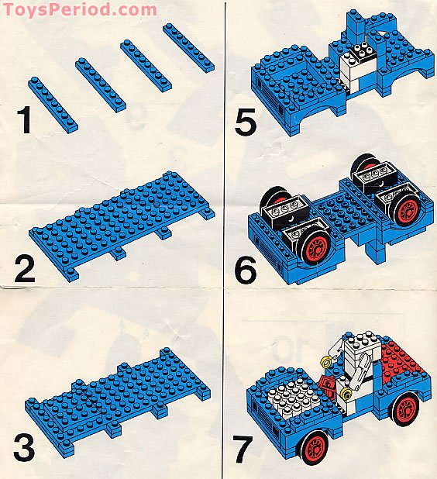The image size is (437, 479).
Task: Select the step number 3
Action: [x=26, y=447]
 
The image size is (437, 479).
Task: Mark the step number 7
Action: [x=245, y=448]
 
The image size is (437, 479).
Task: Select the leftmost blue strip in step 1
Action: [x=53, y=102]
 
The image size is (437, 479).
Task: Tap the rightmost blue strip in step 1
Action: [x=188, y=47]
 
